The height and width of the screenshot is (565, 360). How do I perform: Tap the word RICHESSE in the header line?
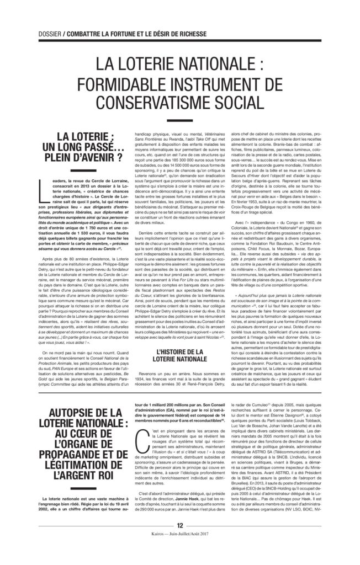[x=190, y=34]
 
